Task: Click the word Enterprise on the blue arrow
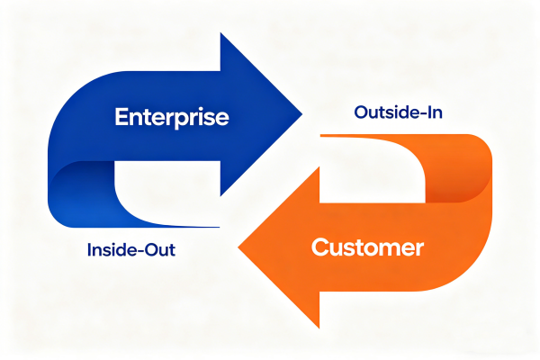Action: click(x=171, y=117)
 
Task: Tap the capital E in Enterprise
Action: click(x=121, y=117)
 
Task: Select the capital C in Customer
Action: click(x=319, y=247)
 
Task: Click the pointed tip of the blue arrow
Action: click(x=301, y=115)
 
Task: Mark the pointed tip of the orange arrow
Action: click(x=238, y=245)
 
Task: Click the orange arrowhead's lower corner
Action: click(x=319, y=327)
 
